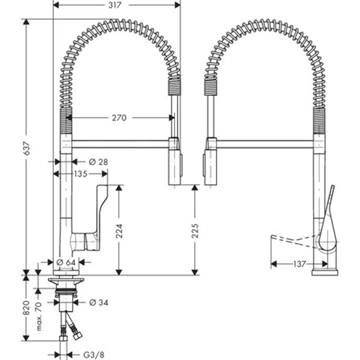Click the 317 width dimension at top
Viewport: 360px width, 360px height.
pyautogui.click(x=117, y=5)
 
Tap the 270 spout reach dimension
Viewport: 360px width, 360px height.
pyautogui.click(x=119, y=118)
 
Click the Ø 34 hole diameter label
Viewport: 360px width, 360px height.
pyautogui.click(x=99, y=302)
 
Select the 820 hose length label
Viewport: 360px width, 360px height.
pyautogui.click(x=26, y=307)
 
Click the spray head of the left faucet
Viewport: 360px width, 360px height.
pyautogui.click(x=173, y=162)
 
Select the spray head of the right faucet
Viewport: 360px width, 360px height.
pyautogui.click(x=211, y=162)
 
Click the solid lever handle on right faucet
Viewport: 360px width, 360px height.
pyautogui.click(x=328, y=222)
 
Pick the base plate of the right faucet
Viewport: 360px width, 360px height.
pyautogui.click(x=324, y=272)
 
